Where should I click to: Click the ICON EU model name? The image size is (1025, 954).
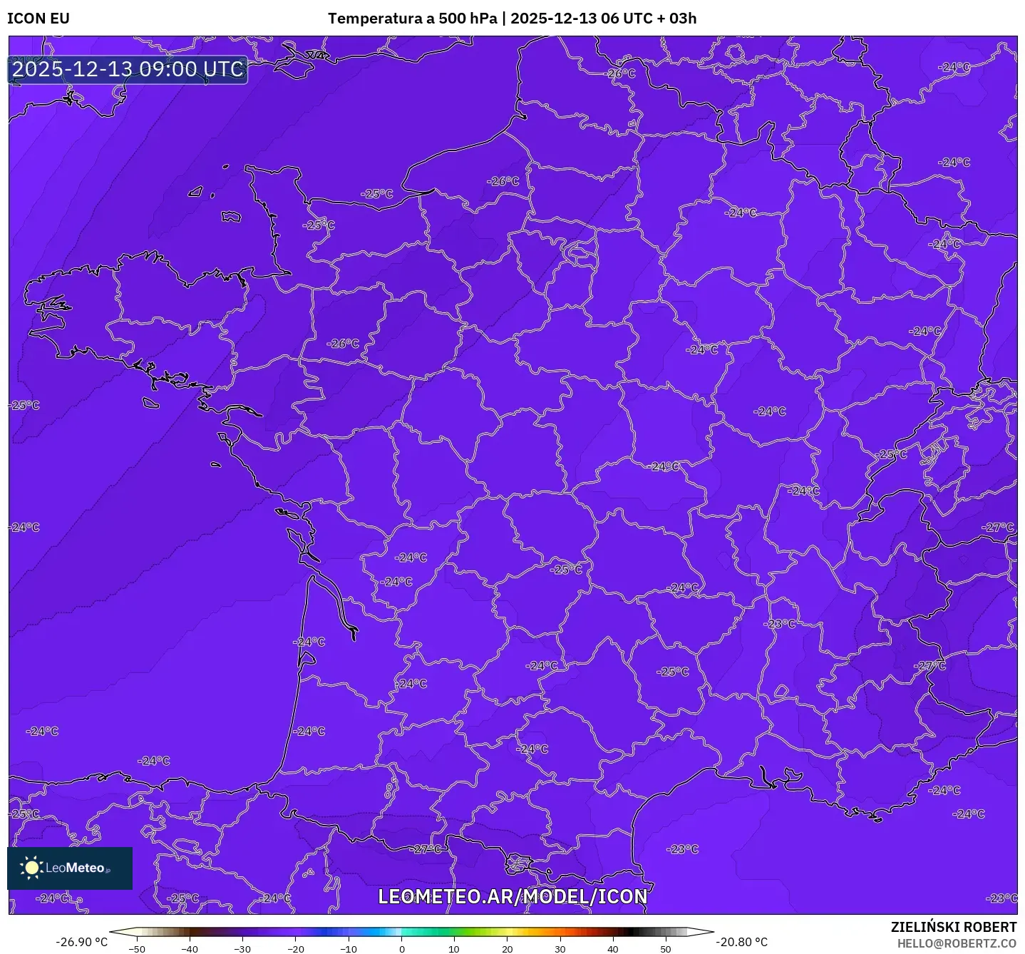click(38, 19)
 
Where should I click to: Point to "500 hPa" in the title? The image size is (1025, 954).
click(468, 19)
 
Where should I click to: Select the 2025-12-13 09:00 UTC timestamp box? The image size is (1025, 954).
click(128, 69)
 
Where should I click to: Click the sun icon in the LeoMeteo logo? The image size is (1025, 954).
click(31, 868)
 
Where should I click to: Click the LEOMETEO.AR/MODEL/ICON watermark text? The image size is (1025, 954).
click(512, 897)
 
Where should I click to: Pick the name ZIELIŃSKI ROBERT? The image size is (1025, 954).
click(954, 927)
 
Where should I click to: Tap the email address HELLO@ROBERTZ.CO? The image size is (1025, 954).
click(957, 943)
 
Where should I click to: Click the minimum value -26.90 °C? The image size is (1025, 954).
click(82, 942)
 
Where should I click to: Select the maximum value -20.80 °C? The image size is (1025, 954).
click(742, 942)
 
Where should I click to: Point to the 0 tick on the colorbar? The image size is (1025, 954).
click(401, 949)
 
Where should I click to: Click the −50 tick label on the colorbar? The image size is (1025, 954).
click(136, 949)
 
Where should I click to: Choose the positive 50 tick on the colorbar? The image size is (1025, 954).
click(666, 949)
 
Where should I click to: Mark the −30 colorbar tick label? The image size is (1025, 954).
click(242, 949)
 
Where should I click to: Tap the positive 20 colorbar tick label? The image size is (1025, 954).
click(507, 949)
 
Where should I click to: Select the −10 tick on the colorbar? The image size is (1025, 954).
click(348, 949)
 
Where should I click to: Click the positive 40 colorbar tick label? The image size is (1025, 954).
click(613, 949)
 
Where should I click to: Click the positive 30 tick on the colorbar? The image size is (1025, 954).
click(560, 949)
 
